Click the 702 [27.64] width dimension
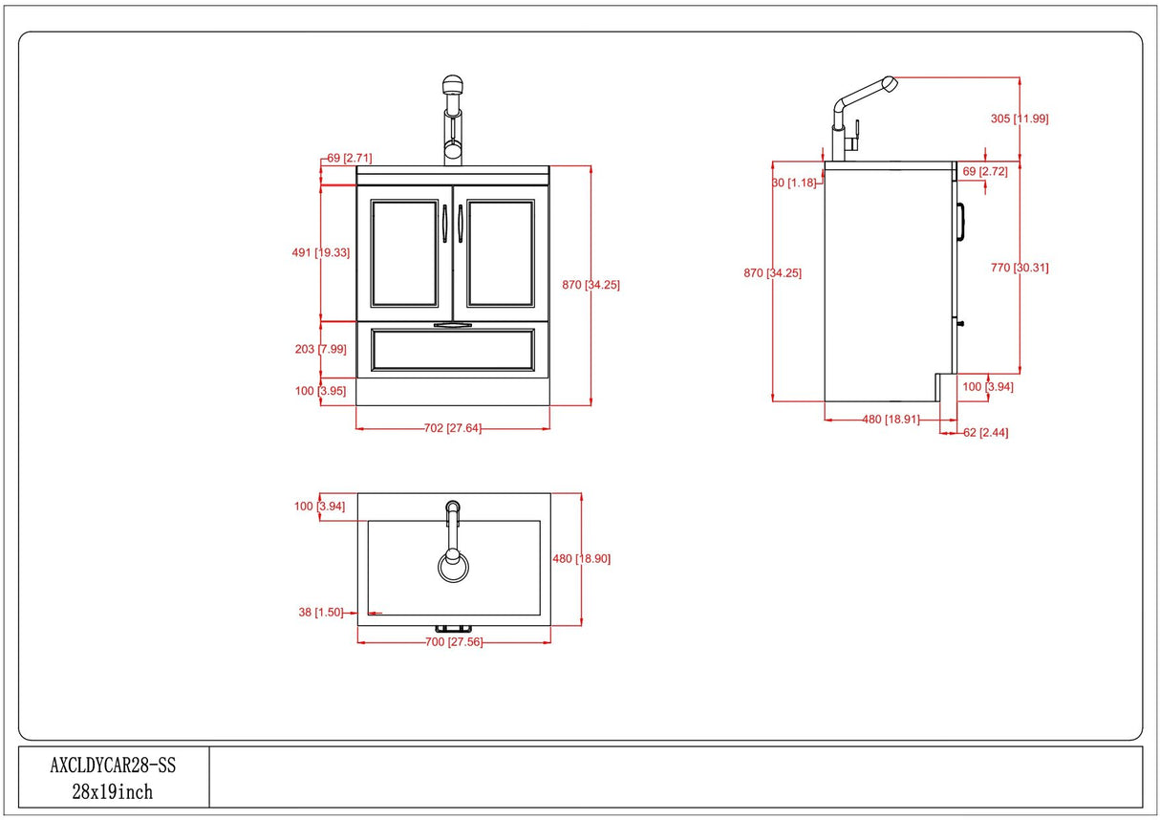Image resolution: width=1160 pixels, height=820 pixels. point(453,428)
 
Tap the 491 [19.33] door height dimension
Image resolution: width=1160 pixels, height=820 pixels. point(321,252)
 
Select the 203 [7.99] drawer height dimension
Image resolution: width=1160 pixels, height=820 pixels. point(320,349)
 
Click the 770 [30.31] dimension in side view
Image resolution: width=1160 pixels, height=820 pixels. point(1020,268)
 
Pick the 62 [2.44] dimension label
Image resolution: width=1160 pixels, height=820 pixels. point(985,433)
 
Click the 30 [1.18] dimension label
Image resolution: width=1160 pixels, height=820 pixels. point(792,183)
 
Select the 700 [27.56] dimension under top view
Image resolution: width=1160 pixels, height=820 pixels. point(454,642)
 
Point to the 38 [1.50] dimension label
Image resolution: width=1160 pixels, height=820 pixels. point(320,613)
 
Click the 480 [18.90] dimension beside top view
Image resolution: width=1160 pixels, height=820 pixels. point(581,559)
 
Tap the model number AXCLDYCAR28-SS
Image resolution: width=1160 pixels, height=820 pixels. point(113,765)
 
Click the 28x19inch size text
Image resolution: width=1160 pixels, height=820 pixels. point(113,791)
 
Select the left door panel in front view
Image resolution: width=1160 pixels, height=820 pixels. point(404,253)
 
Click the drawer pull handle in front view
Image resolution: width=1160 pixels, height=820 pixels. point(453,326)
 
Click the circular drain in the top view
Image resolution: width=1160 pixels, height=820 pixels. point(453,566)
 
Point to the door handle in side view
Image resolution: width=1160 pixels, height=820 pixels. point(962,220)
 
